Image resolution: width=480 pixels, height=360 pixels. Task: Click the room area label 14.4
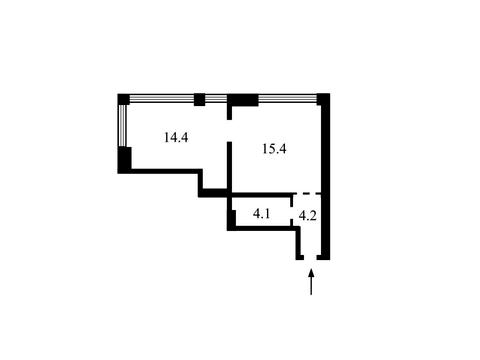click(x=176, y=137)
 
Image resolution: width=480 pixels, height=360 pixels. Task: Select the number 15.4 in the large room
click(x=274, y=149)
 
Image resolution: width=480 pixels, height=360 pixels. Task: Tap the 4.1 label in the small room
click(x=261, y=214)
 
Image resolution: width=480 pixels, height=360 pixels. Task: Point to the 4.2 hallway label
click(x=307, y=216)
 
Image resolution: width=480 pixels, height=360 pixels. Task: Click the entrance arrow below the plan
click(x=311, y=282)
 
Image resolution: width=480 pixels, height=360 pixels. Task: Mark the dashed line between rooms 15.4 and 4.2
click(x=307, y=193)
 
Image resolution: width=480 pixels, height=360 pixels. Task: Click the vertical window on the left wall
click(x=122, y=126)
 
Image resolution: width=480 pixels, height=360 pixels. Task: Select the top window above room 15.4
click(x=287, y=98)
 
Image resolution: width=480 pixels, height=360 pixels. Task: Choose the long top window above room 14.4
click(x=162, y=98)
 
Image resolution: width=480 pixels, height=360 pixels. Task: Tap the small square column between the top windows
click(x=199, y=100)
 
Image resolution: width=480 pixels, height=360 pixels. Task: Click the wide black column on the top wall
click(x=243, y=100)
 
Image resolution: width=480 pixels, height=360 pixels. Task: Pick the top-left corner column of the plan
click(x=123, y=99)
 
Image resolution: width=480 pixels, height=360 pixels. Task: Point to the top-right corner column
click(x=323, y=99)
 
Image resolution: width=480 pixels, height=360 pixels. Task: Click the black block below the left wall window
click(x=125, y=159)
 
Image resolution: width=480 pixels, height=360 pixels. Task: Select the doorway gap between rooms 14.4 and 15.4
click(x=229, y=130)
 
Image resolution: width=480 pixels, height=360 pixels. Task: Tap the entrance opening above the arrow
click(x=310, y=257)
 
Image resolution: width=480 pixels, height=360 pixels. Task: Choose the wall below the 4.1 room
click(x=263, y=228)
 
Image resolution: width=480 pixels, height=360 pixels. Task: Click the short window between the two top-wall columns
click(x=216, y=98)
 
